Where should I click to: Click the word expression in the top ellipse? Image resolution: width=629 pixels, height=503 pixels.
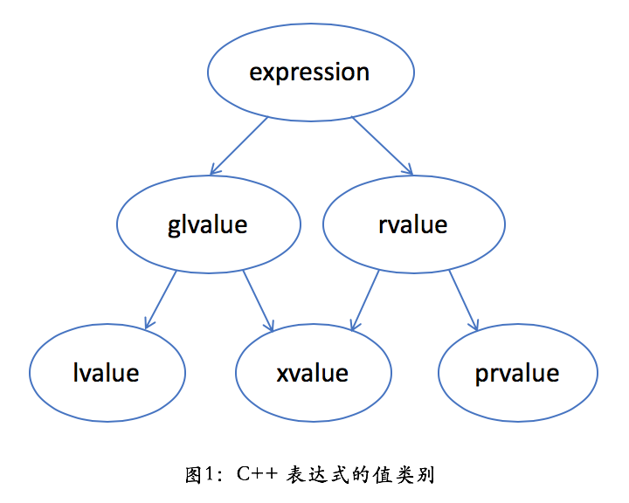[x=309, y=72]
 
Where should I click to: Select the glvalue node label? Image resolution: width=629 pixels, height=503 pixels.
[x=207, y=224]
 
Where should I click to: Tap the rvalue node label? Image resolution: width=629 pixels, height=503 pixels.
[x=412, y=224]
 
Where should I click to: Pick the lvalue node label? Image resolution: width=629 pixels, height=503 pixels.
[x=107, y=373]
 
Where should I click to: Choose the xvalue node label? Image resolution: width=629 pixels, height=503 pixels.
[x=312, y=373]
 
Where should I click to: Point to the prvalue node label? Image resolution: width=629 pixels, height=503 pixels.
[x=517, y=373]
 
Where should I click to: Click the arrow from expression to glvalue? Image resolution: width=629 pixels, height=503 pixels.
[x=238, y=145]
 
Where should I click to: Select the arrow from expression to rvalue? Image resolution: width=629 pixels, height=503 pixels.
[x=382, y=145]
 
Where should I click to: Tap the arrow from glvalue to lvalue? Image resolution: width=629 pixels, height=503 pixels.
[x=162, y=299]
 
